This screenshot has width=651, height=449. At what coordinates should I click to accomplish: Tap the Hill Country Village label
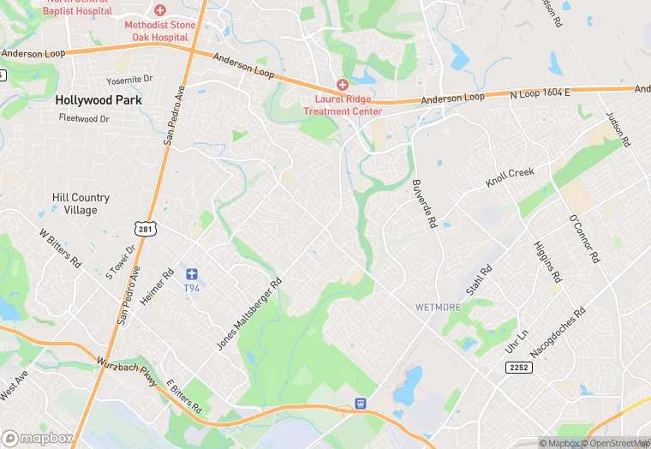(75, 203)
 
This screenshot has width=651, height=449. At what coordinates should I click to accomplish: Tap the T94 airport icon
(192, 274)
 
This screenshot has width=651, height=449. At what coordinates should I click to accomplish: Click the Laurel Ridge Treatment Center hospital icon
(342, 85)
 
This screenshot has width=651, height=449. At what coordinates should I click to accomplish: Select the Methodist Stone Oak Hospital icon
(160, 9)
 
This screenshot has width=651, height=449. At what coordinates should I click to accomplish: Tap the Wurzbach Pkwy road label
(126, 373)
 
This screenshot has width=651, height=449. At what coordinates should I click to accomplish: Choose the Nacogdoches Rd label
(569, 331)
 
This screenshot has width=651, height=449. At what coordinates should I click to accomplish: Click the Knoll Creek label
(510, 178)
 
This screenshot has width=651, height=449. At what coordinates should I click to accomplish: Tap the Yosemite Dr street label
(129, 79)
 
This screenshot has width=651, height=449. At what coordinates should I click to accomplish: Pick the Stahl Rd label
(480, 284)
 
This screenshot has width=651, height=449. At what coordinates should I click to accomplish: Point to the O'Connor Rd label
(585, 238)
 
